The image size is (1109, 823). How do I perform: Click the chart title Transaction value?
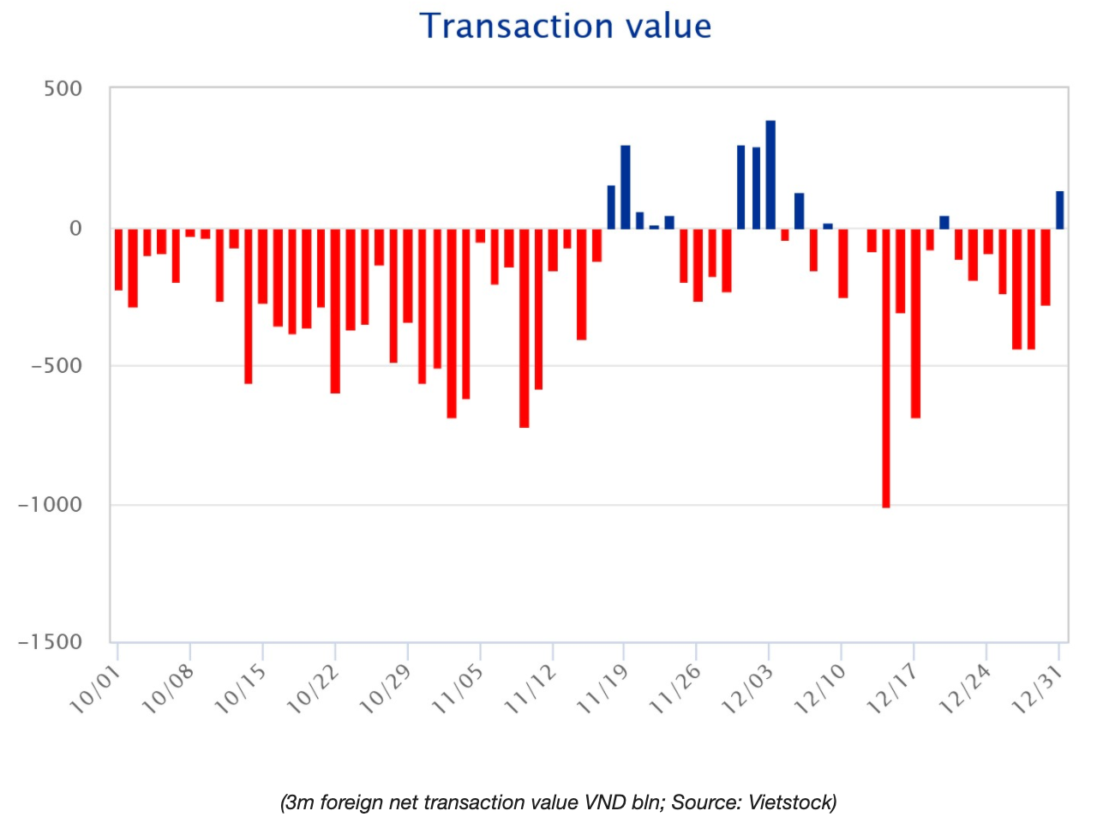[565, 27]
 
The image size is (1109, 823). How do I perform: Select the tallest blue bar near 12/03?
[770, 175]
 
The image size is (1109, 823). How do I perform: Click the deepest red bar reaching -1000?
[885, 369]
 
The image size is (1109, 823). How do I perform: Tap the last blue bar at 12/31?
[1059, 210]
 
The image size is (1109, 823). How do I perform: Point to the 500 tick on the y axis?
[63, 89]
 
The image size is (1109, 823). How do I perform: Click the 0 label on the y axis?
[76, 228]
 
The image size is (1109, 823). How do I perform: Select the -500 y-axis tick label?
[57, 366]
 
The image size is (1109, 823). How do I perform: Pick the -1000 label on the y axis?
[51, 504]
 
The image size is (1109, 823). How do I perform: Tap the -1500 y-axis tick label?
[51, 642]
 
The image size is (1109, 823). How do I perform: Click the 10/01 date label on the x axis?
[95, 690]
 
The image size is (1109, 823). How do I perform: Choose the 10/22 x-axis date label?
[313, 690]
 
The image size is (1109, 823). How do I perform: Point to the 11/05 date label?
[458, 690]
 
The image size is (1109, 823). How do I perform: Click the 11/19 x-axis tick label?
[602, 690]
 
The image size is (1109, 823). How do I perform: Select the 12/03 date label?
[747, 690]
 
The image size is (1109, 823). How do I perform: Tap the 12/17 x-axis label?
[892, 690]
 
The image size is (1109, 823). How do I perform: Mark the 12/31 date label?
[1037, 690]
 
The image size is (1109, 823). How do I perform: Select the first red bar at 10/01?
[118, 259]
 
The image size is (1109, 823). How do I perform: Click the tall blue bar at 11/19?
[625, 187]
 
